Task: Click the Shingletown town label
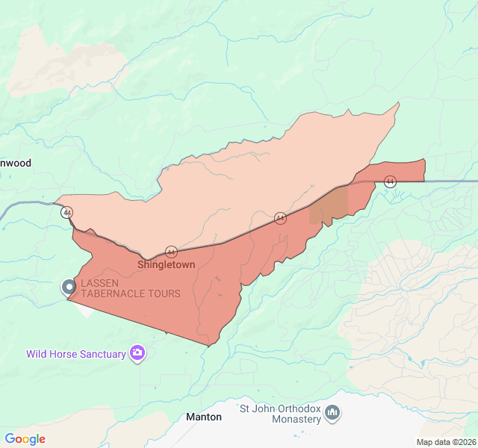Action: [166, 265]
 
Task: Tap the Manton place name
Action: [204, 417]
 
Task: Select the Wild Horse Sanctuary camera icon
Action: [137, 353]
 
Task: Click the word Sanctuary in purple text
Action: [99, 354]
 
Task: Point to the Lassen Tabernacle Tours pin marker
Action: [69, 287]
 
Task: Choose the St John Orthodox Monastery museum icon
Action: [333, 413]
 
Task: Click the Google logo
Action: [25, 439]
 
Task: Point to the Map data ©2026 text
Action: [445, 442]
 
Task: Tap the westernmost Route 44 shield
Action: [67, 213]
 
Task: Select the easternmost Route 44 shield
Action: [390, 181]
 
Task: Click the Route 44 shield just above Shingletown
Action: [171, 252]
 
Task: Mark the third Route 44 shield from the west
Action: [280, 218]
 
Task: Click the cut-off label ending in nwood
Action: [16, 163]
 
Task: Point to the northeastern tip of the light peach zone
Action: [399, 103]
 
